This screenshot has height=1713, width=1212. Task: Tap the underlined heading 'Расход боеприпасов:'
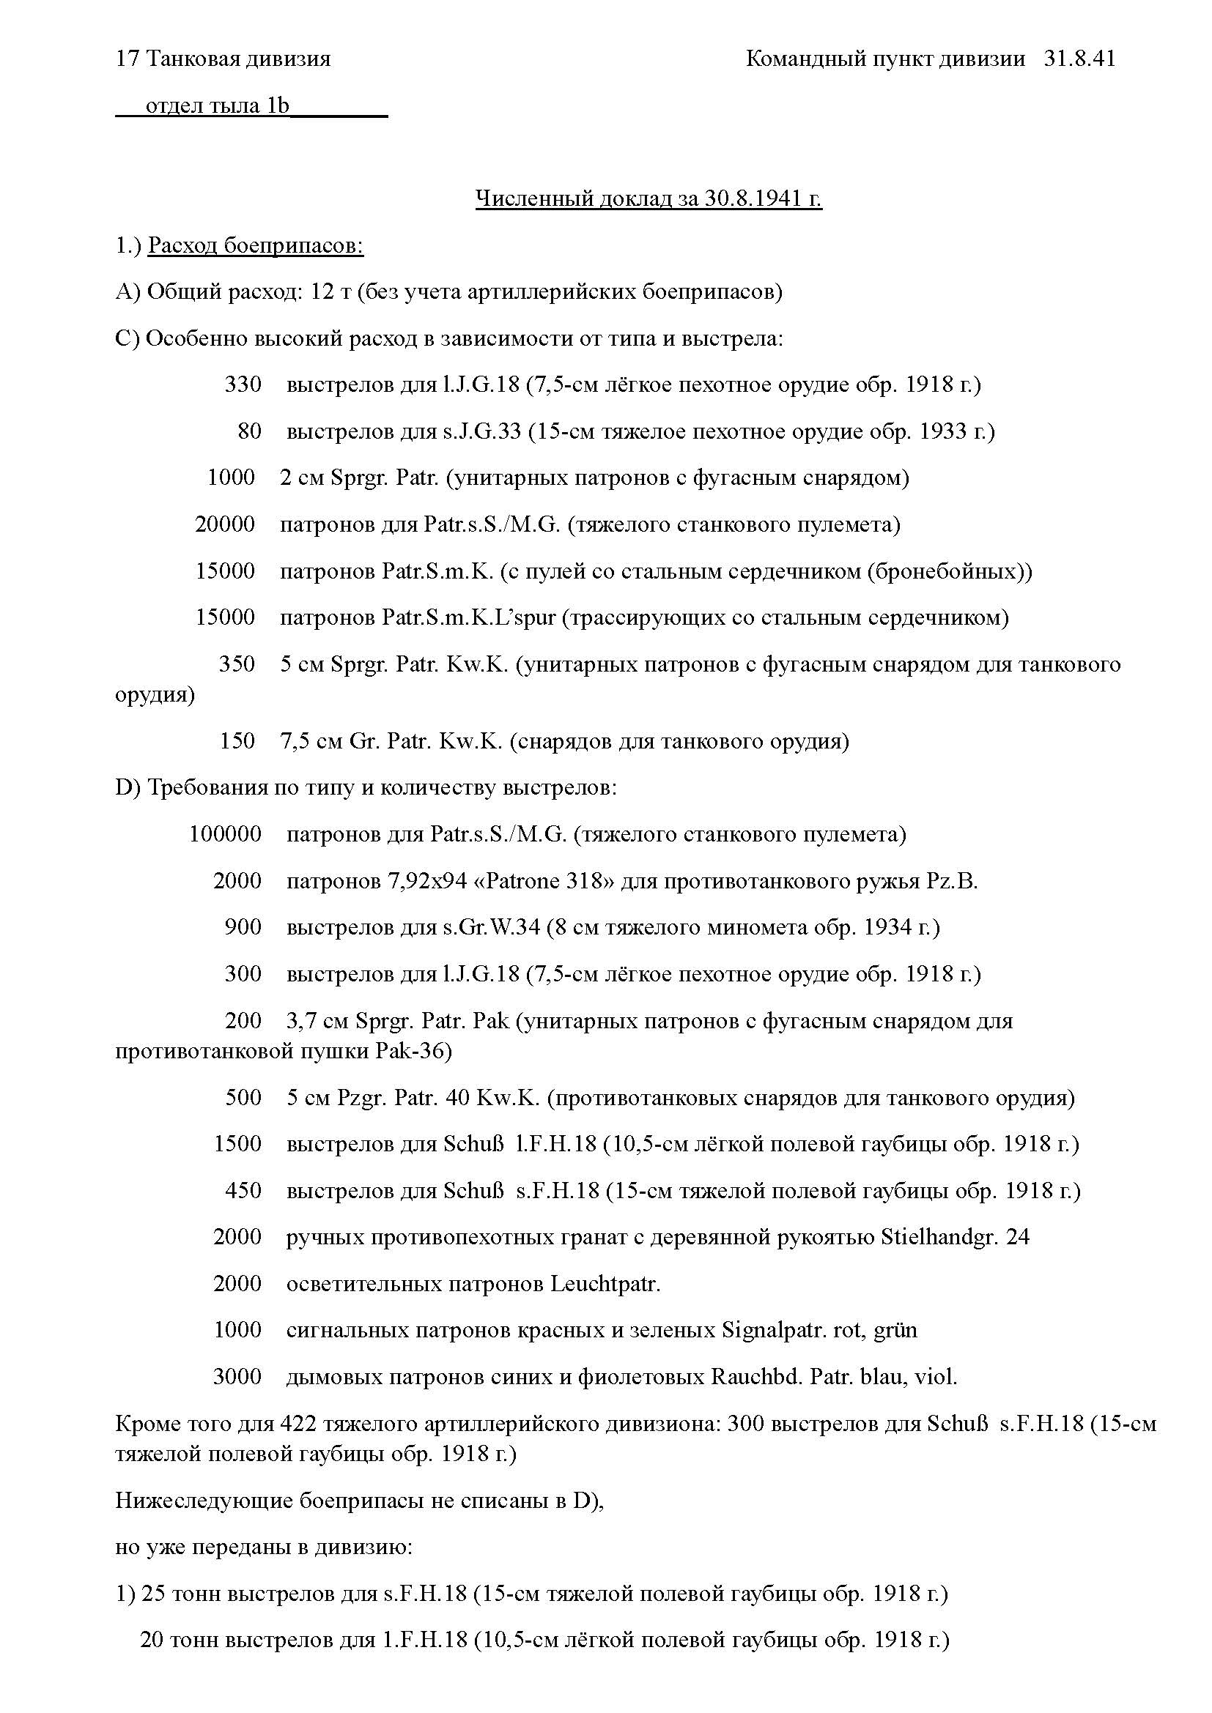pyautogui.click(x=255, y=245)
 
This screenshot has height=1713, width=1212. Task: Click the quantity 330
pyautogui.click(x=243, y=385)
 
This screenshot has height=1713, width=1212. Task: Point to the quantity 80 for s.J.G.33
pyautogui.click(x=249, y=431)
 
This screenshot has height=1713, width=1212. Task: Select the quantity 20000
pyautogui.click(x=225, y=524)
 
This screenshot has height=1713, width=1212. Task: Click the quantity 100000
pyautogui.click(x=225, y=834)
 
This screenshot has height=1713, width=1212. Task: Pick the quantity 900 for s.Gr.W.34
pyautogui.click(x=243, y=927)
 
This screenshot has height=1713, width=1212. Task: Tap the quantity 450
pyautogui.click(x=243, y=1191)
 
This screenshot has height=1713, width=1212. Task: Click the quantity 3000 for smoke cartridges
pyautogui.click(x=237, y=1377)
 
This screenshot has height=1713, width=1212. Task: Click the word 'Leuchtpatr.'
pyautogui.click(x=605, y=1284)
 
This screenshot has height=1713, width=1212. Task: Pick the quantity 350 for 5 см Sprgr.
pyautogui.click(x=237, y=664)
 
